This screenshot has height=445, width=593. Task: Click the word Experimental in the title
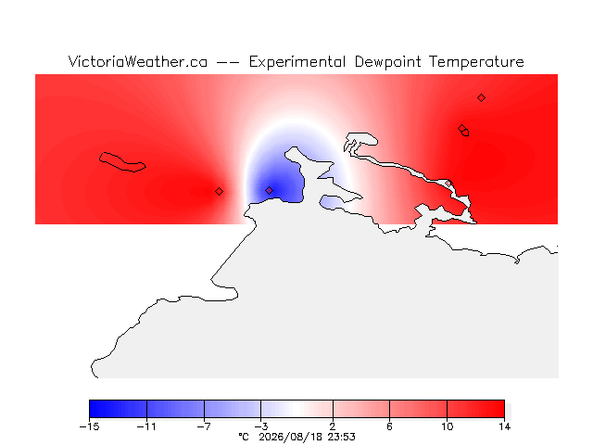pos(297,62)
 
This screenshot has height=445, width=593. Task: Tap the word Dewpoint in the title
pos(387,62)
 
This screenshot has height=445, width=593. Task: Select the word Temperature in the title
pos(476,62)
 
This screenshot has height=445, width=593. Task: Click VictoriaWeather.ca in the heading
pos(138,61)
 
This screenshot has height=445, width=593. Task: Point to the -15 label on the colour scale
pos(90,426)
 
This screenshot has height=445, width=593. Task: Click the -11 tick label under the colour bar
pos(146,426)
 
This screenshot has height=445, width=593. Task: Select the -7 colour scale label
pos(204,426)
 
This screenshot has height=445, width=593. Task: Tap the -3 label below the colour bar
pos(261,426)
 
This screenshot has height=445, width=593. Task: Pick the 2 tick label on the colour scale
pos(333,426)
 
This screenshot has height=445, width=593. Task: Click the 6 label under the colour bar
pos(389,426)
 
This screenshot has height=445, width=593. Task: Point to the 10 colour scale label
pos(447,426)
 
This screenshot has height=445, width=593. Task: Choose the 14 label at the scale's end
pos(504,426)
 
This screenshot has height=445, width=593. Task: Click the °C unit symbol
pos(244,437)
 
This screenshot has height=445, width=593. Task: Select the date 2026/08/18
pos(291,437)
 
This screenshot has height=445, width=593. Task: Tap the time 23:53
pos(341,437)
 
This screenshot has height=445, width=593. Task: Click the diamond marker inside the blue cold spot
pos(269,190)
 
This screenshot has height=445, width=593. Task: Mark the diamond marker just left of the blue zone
pos(219,192)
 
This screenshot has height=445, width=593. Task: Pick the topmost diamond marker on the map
pos(481,98)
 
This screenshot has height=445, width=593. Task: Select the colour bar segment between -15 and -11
pos(118,409)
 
